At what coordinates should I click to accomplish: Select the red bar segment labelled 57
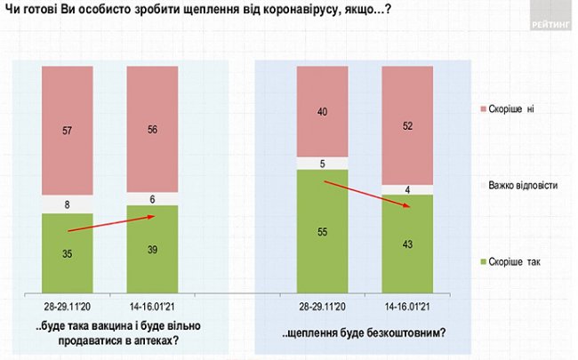(68, 131)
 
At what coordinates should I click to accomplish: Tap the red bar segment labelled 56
(152, 129)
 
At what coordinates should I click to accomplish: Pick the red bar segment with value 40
(322, 111)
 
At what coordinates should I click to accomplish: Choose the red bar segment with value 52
(406, 125)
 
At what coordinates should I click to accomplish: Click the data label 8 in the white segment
(68, 204)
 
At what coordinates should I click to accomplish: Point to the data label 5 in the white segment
(322, 163)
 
